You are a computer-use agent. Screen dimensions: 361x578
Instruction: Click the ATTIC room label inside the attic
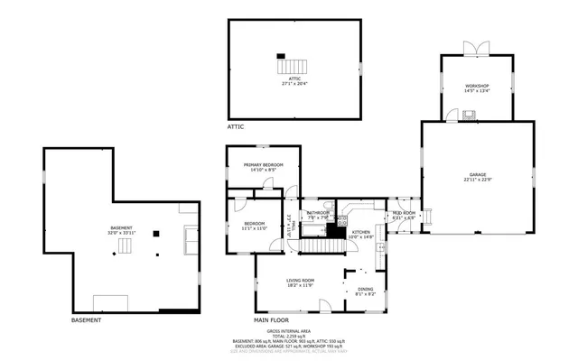pos(294,79)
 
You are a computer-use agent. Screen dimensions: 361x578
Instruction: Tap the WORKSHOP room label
pos(477,86)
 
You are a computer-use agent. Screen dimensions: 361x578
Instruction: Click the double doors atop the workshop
pos(476,48)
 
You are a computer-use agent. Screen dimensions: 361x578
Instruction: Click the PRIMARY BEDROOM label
pos(263,164)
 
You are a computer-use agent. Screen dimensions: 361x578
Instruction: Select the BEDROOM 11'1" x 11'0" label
pos(253,227)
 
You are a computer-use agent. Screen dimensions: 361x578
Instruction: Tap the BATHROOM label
pos(317,213)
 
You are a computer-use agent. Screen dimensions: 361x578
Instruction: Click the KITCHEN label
pos(361,232)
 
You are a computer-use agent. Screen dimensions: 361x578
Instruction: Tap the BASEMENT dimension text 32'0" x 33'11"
pos(121,233)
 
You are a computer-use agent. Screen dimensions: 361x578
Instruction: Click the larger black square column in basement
pos(155,233)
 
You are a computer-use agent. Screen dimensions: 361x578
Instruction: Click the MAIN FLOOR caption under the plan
pos(273,319)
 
